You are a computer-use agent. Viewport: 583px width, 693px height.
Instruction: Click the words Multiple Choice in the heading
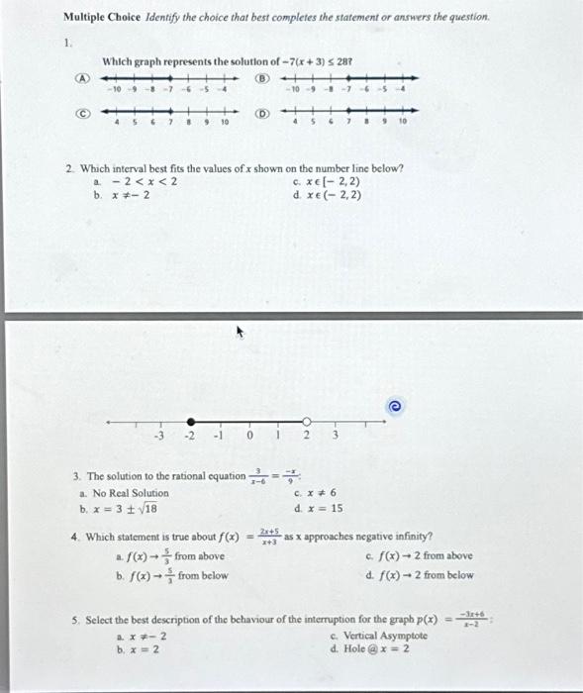[x=94, y=18]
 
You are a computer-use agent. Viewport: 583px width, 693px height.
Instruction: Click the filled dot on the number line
[x=190, y=420]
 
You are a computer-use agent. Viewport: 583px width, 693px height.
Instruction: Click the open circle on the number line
[x=306, y=420]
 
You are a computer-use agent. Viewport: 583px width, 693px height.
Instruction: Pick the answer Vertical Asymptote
[x=377, y=636]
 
